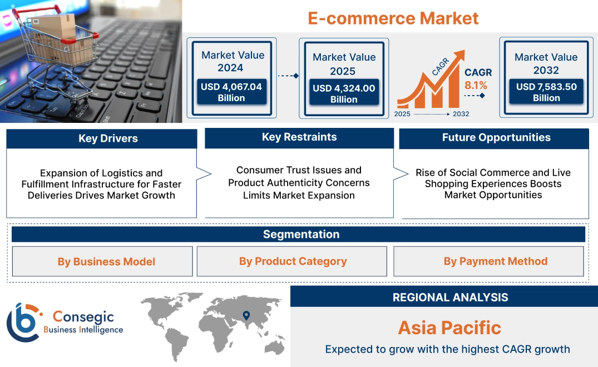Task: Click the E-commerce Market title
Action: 393,18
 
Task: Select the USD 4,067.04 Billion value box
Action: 231,92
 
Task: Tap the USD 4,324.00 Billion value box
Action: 344,94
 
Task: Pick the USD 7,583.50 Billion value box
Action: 546,92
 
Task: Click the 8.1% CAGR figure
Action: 476,85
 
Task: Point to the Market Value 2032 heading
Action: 546,63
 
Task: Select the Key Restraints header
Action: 299,137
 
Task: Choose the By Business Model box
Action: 106,261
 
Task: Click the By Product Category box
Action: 293,261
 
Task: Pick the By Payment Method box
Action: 495,261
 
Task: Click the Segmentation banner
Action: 301,234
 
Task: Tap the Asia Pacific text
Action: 449,328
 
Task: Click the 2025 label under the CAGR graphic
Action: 403,114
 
